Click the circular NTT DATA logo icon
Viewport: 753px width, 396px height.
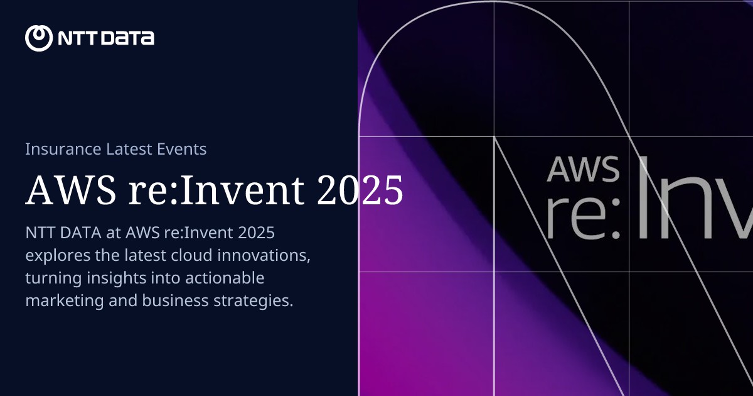pyautogui.click(x=38, y=38)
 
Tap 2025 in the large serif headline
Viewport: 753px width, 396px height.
pyautogui.click(x=360, y=190)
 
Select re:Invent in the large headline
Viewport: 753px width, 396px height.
pyautogui.click(x=208, y=190)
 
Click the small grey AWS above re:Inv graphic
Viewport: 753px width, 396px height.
pyautogui.click(x=583, y=168)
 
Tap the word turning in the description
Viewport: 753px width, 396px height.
pyautogui.click(x=49, y=278)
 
